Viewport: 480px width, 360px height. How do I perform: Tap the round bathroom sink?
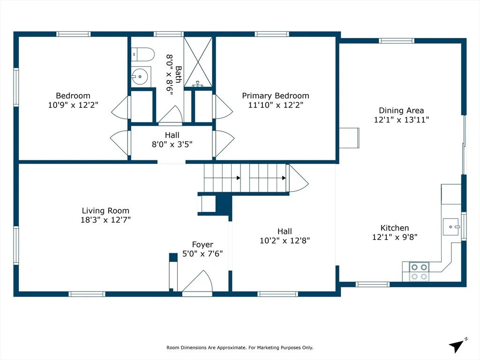(x=140, y=76)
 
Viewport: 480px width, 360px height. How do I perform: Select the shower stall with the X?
(x=198, y=62)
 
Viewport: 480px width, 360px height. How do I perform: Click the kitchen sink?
(x=451, y=226)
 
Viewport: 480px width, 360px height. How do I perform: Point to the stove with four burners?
(x=419, y=272)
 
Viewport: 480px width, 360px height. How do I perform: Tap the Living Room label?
(x=105, y=210)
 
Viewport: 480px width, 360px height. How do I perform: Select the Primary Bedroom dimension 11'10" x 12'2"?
(x=276, y=105)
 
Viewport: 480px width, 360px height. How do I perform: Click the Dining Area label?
(x=401, y=111)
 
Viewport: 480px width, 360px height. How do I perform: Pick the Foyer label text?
(x=202, y=245)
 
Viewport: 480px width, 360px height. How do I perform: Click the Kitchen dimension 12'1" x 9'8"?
(x=395, y=237)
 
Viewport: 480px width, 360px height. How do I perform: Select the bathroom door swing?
(x=171, y=114)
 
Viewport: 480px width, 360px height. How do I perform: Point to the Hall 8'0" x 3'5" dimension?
(x=172, y=144)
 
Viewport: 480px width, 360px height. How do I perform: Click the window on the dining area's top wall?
(x=397, y=41)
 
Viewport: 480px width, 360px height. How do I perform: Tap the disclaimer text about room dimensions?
(x=240, y=347)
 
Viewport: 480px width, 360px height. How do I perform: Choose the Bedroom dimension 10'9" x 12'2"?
(x=73, y=105)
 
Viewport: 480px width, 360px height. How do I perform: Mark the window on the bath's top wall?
(x=168, y=34)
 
